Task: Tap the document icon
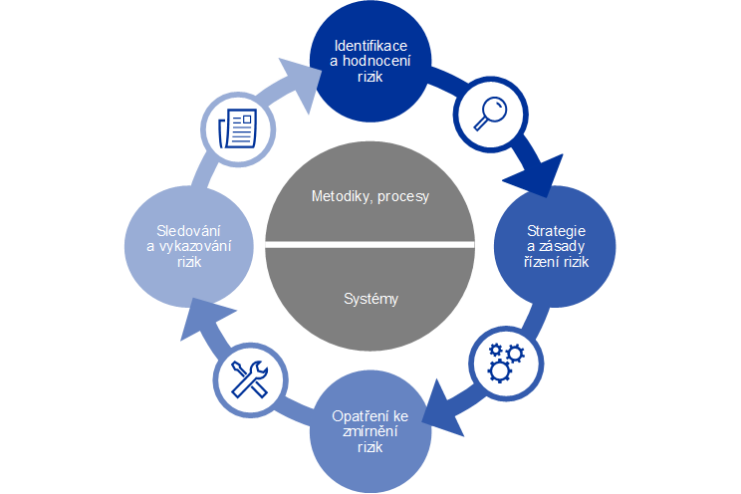236,127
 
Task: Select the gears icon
505,361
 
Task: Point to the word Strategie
555,231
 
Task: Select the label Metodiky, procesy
370,196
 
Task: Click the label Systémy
370,298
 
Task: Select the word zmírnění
370,430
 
